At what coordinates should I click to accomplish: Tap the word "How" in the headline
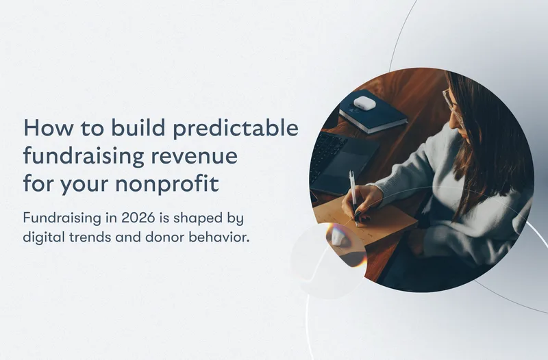(x=43, y=129)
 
